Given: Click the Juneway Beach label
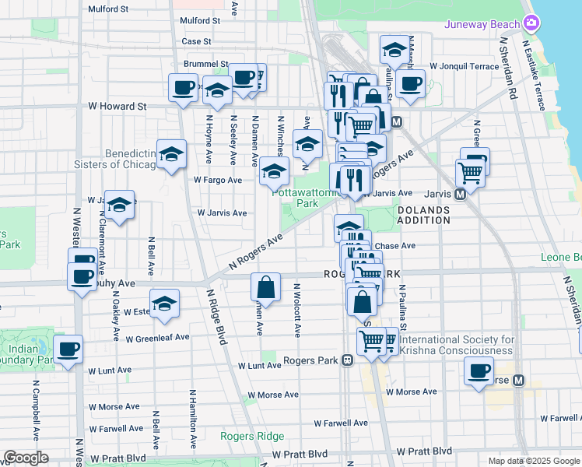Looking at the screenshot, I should pyautogui.click(x=481, y=24).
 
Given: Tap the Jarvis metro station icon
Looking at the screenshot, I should pyautogui.click(x=460, y=194).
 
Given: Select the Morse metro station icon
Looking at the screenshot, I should pyautogui.click(x=517, y=381).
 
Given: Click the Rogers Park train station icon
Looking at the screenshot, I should pyautogui.click(x=348, y=360).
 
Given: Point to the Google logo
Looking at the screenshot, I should pyautogui.click(x=26, y=458).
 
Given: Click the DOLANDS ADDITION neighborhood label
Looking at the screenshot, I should pyautogui.click(x=423, y=215).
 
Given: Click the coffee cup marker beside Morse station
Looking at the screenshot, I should pyautogui.click(x=479, y=370).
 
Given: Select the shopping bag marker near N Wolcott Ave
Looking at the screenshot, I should pyautogui.click(x=265, y=286).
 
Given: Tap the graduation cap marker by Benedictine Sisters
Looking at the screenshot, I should pyautogui.click(x=171, y=154).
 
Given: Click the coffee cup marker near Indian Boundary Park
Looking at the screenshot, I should pyautogui.click(x=68, y=349).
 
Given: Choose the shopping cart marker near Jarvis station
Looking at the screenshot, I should pyautogui.click(x=470, y=172).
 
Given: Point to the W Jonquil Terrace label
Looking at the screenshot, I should pyautogui.click(x=464, y=67).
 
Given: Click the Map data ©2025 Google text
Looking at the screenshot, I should pyautogui.click(x=533, y=461).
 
